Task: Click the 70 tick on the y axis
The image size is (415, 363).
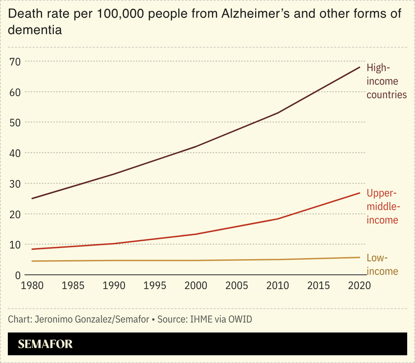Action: (16, 61)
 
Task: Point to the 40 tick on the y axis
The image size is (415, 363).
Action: (16, 153)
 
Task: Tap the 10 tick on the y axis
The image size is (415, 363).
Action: (16, 245)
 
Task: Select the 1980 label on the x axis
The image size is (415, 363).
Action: (33, 286)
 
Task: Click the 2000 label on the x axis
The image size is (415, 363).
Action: (196, 286)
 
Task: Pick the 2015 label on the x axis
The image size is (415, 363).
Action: (318, 286)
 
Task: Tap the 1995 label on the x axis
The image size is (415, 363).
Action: (155, 286)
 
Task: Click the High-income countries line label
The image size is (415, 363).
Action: (386, 81)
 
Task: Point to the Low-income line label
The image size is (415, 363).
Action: (382, 265)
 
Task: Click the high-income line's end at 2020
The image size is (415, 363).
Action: (359, 67)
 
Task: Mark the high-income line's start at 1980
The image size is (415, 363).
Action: (33, 199)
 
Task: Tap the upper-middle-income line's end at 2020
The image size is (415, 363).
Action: (359, 193)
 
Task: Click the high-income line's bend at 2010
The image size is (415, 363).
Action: (278, 113)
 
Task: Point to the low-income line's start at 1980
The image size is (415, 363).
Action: (33, 261)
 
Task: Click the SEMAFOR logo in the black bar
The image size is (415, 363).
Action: (45, 344)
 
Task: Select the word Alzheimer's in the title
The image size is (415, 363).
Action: (249, 14)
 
